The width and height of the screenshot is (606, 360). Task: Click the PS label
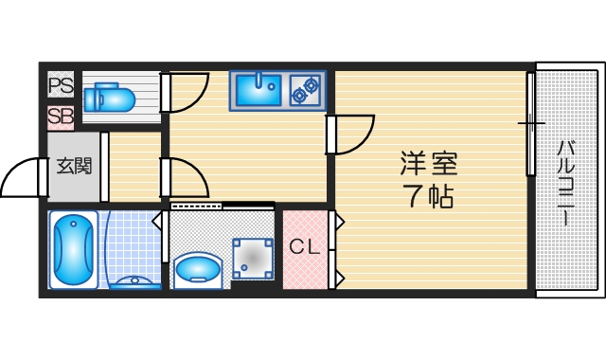tap(61, 86)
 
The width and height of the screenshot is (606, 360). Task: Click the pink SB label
tap(61, 117)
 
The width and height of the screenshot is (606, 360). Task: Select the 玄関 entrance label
tap(74, 166)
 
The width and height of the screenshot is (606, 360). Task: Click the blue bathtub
tap(72, 248)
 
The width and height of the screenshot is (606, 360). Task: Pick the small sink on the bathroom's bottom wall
tap(134, 281)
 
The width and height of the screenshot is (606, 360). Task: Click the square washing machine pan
tap(253, 257)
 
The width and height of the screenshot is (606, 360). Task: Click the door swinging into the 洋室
tap(351, 132)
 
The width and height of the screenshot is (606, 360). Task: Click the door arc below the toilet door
tap(185, 178)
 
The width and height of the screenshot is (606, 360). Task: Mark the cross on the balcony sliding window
tap(531, 124)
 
